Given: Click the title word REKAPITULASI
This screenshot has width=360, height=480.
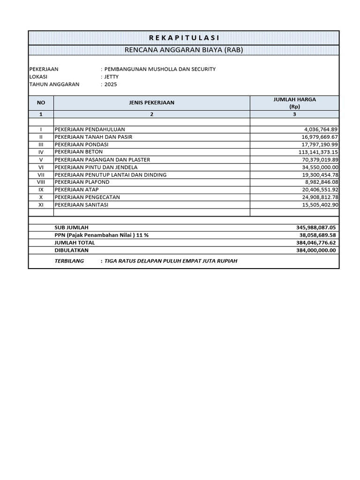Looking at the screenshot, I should (184, 38).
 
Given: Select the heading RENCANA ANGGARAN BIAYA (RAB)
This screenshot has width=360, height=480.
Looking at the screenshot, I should (184, 50).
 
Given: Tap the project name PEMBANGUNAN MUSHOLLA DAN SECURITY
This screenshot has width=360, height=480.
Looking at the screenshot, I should (160, 69).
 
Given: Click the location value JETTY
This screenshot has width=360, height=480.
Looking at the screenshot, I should (112, 76).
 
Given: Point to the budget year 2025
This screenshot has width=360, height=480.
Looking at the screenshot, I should (111, 84).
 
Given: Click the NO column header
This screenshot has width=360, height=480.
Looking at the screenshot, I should (41, 103).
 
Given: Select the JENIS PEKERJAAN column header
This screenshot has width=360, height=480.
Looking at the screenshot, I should (151, 103).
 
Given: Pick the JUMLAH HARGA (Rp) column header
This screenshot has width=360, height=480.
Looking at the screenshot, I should (294, 103).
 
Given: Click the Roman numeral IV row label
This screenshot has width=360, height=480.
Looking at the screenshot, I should (41, 152).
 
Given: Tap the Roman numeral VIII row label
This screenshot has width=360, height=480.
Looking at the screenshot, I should (41, 182).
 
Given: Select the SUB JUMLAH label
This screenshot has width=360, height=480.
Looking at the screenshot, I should (71, 227).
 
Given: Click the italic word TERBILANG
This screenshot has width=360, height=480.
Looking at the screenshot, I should (69, 261).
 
